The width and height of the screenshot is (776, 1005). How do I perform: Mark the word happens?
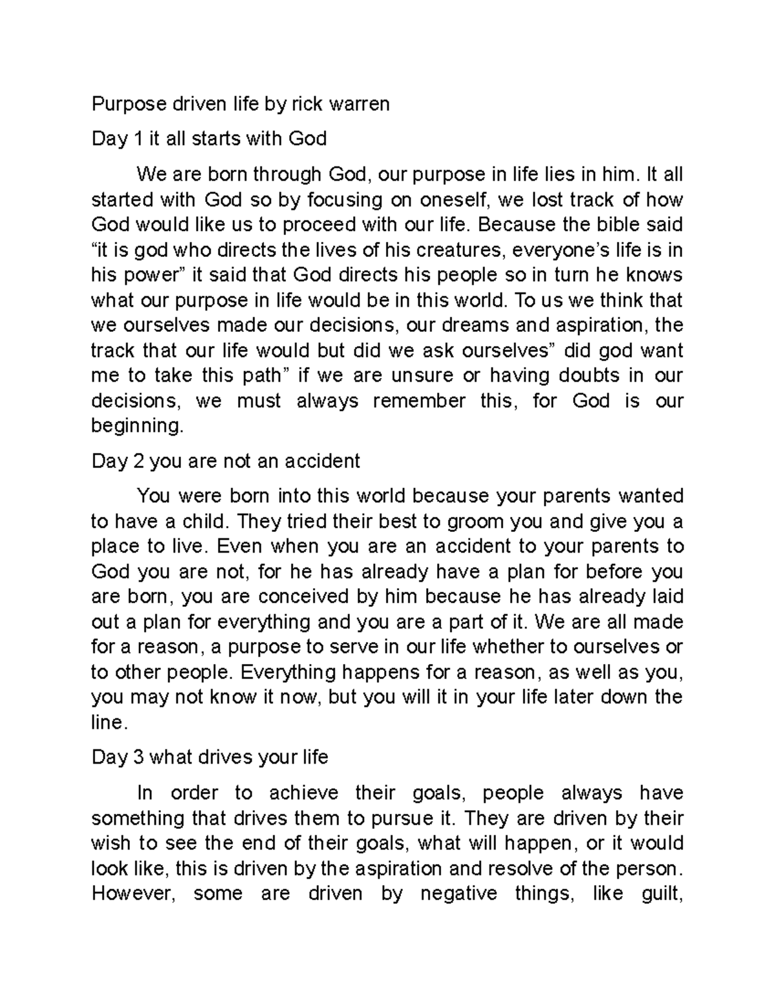pos(380,672)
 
